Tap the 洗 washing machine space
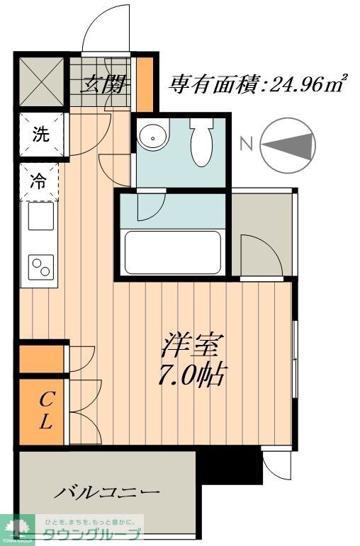tap(41, 135)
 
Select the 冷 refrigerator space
tap(41, 181)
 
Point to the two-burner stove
tap(41, 268)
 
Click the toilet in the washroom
tap(202, 142)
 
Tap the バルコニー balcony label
tap(106, 491)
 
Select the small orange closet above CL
tap(43, 359)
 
